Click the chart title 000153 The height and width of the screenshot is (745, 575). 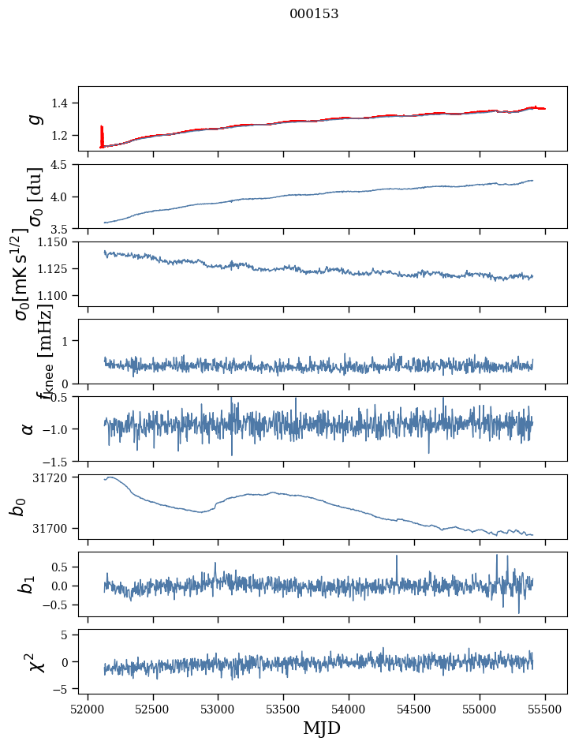(x=314, y=13)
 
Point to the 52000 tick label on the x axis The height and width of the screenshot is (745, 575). (x=88, y=709)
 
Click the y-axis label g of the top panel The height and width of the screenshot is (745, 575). (x=34, y=118)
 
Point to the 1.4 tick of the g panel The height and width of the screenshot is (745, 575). (x=62, y=103)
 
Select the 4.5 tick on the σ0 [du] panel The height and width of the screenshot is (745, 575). (x=62, y=165)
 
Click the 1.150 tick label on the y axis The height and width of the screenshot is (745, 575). (x=55, y=242)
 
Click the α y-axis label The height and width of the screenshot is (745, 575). (x=28, y=429)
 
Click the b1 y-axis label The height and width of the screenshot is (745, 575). (x=28, y=584)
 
